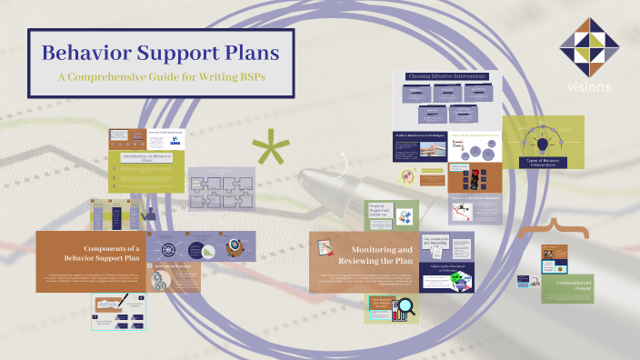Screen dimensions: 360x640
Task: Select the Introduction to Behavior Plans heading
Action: click(149, 157)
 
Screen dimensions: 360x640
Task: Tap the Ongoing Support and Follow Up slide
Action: click(392, 215)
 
